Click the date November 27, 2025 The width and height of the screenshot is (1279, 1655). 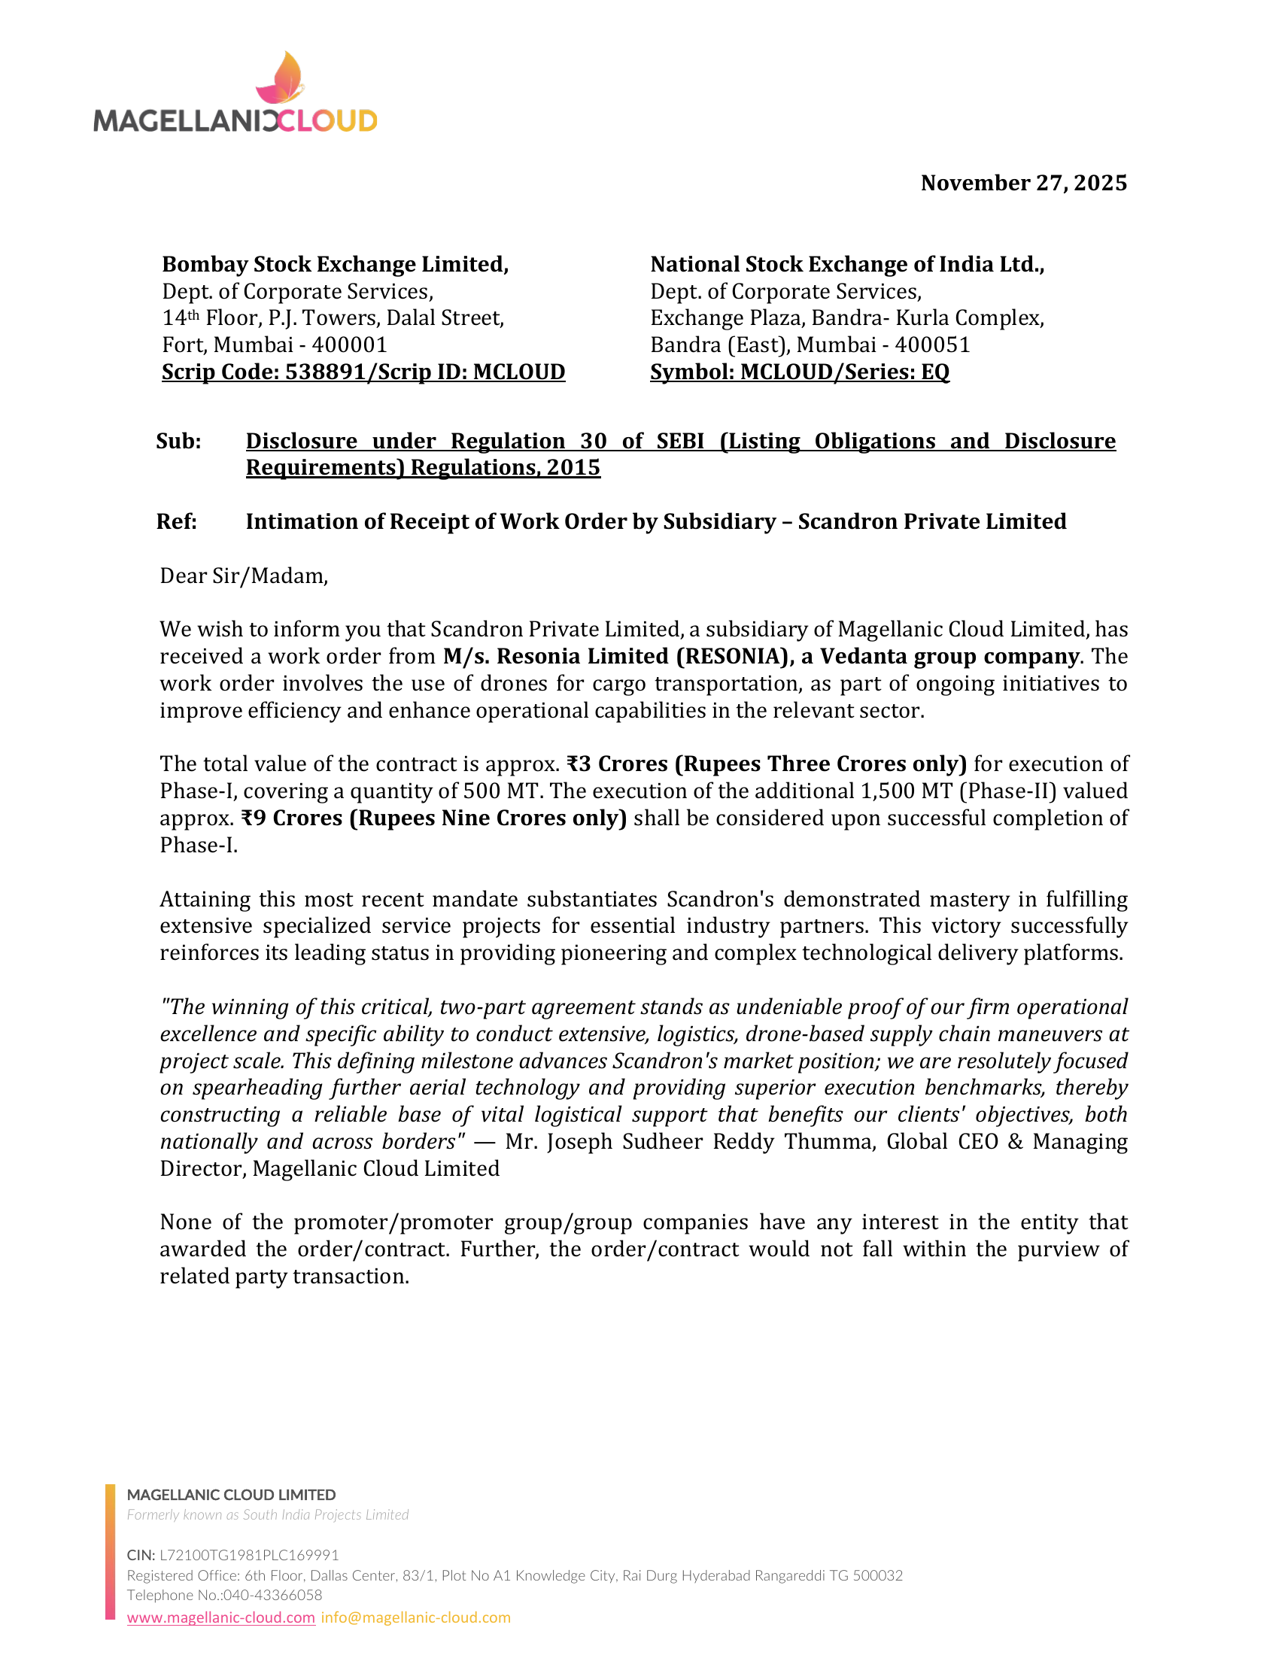pyautogui.click(x=1023, y=184)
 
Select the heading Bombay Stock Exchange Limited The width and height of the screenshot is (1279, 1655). pyautogui.click(x=335, y=265)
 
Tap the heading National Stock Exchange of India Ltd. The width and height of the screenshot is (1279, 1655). pyautogui.click(x=846, y=265)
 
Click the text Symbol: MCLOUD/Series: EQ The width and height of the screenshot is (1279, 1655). pyautogui.click(x=799, y=372)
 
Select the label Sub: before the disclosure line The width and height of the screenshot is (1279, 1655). pyautogui.click(x=179, y=441)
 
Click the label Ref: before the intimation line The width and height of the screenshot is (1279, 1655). pyautogui.click(x=177, y=521)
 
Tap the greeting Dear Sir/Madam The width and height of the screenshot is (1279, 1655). pyautogui.click(x=244, y=576)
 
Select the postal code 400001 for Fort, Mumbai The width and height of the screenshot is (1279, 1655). pyautogui.click(x=349, y=345)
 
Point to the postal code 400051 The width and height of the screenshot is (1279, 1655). pyautogui.click(x=932, y=345)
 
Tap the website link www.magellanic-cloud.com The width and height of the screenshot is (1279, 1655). pyautogui.click(x=221, y=1618)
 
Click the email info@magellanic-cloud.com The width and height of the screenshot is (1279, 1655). pyautogui.click(x=416, y=1618)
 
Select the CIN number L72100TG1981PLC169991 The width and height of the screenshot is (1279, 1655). pyautogui.click(x=249, y=1556)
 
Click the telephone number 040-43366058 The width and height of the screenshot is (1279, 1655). pyautogui.click(x=273, y=1595)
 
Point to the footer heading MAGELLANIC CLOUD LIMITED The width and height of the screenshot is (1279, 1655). pyautogui.click(x=231, y=1495)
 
